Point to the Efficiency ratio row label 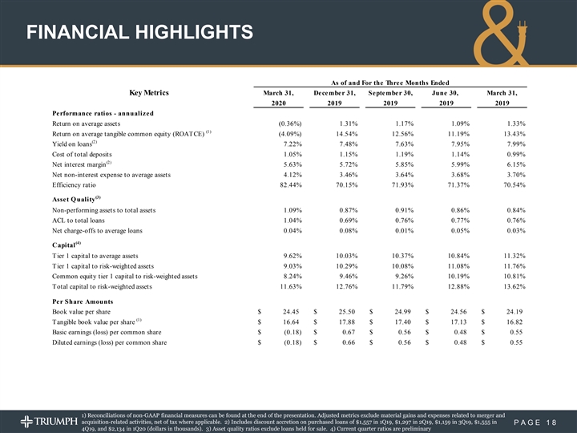[x=79, y=184]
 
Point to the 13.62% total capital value [x=508, y=287]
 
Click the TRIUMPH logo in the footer [x=48, y=419]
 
